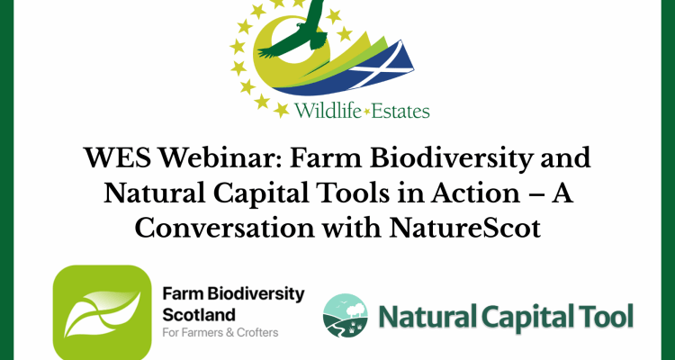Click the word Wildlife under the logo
point(328,111)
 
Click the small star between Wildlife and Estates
point(366,112)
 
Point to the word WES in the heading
point(118,158)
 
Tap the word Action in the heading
point(476,193)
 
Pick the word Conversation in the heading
point(224,229)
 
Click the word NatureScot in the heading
point(465,229)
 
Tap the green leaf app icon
point(102,311)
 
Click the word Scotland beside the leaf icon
point(199,315)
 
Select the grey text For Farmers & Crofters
point(220,332)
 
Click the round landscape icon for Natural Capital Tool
point(346,315)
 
